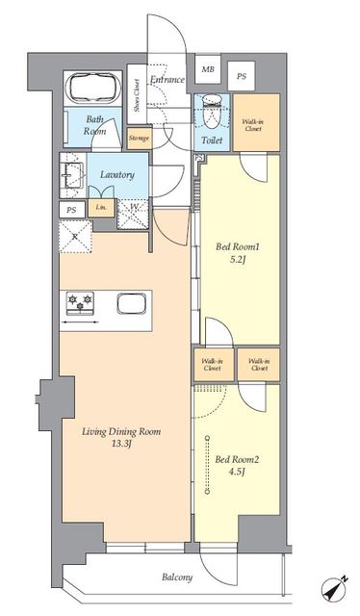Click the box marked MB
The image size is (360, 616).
coord(207,70)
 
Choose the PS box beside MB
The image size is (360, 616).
coord(242,75)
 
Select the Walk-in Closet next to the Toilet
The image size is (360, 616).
coord(254,123)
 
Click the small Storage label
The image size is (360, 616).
coord(138,140)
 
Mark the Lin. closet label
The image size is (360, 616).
coord(99,207)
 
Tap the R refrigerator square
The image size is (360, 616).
coord(74,234)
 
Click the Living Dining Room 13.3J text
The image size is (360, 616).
coord(120,438)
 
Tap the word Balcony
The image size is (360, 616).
coord(176,577)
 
